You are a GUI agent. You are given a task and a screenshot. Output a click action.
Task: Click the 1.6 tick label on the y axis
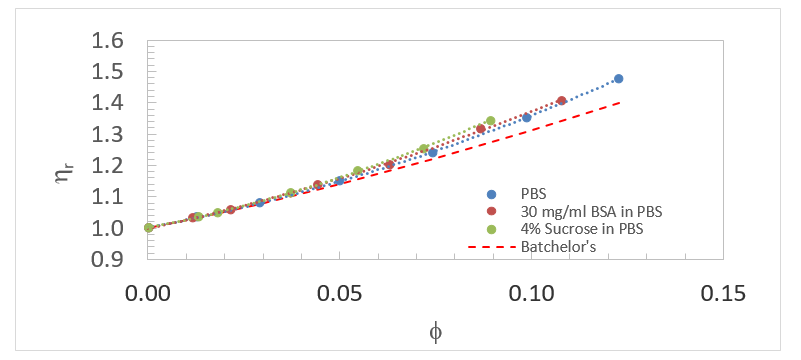(117, 41)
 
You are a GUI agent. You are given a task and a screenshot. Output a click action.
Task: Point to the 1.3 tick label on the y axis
(117, 135)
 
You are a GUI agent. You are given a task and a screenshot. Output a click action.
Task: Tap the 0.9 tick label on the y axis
(117, 259)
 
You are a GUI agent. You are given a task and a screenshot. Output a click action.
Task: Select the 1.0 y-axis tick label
(117, 228)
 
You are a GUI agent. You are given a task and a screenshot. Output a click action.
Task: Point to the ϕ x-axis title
(434, 333)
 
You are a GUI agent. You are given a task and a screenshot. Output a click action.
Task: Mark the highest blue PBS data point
(618, 78)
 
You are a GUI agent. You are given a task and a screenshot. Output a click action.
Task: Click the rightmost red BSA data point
(561, 100)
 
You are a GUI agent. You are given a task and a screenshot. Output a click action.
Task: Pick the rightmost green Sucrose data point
(490, 121)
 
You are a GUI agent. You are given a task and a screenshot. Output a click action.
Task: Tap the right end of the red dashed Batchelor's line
(621, 102)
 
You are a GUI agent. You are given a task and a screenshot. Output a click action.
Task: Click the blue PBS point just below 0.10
(526, 118)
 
